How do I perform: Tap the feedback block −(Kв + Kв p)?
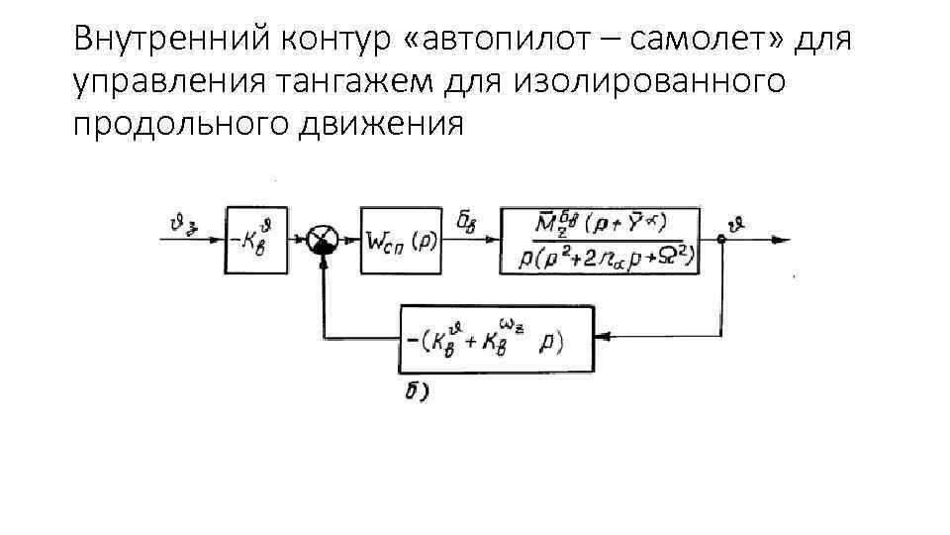coord(495,338)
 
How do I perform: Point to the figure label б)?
coord(417,393)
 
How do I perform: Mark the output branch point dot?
coord(722,240)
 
